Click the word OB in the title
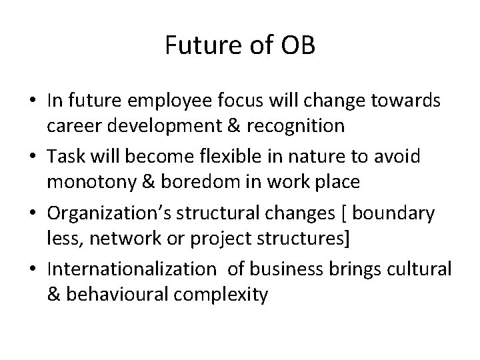(x=299, y=46)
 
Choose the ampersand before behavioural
(x=53, y=295)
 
